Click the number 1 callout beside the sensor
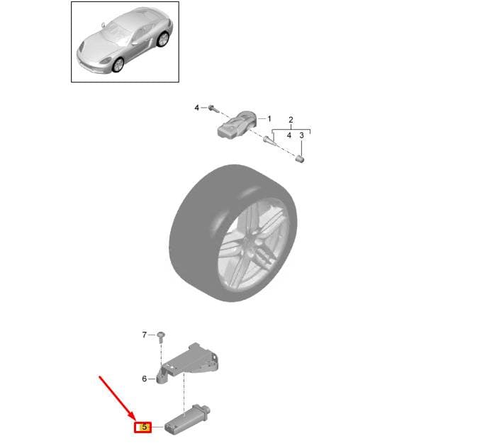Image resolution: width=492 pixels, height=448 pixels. (x=269, y=118)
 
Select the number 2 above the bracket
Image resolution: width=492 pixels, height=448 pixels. (x=291, y=120)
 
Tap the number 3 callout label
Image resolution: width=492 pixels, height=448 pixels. (x=301, y=135)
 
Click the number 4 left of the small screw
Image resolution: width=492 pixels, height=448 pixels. (x=197, y=108)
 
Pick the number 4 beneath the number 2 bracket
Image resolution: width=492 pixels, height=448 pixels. (x=289, y=135)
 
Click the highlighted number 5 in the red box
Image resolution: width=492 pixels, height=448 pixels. (x=145, y=427)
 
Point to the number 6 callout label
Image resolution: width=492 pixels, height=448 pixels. (x=145, y=379)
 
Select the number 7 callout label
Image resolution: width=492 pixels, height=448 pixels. (x=145, y=335)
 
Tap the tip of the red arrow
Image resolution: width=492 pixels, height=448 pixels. (x=135, y=420)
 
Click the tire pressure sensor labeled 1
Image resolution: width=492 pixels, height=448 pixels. (x=237, y=125)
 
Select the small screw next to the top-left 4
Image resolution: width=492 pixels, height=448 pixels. (x=213, y=108)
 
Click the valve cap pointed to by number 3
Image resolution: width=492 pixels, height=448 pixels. (x=301, y=159)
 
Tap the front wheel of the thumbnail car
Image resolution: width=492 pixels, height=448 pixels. (x=118, y=65)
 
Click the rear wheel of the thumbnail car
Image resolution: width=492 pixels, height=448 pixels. (x=163, y=39)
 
